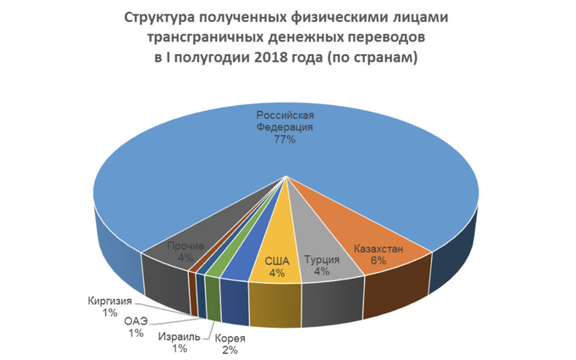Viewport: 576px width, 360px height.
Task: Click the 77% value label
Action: coord(285,139)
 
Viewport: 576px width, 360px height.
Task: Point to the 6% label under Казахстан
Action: coord(378,261)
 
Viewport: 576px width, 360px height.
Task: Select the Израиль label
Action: coord(179,336)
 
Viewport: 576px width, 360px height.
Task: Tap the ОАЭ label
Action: coord(136,321)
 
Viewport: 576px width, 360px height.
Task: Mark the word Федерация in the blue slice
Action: coord(285,126)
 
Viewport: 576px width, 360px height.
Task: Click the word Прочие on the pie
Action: coord(186,246)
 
